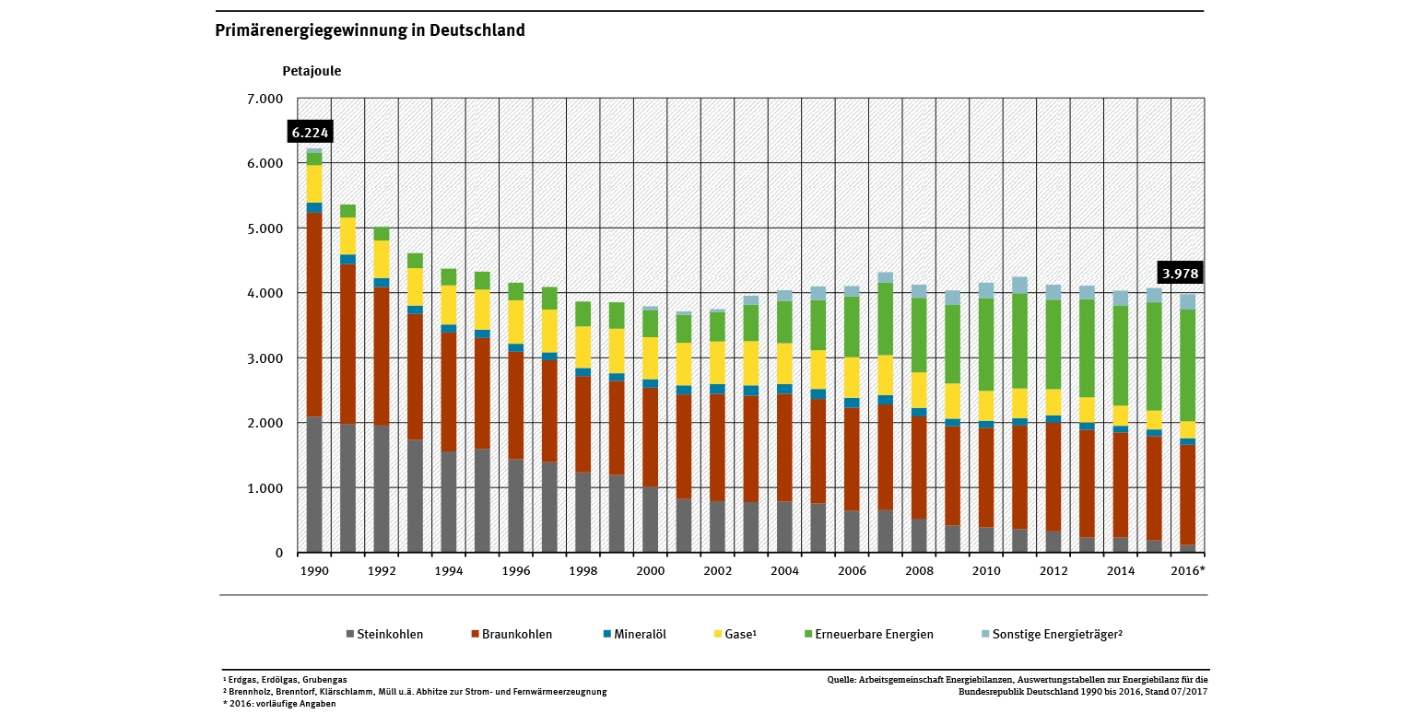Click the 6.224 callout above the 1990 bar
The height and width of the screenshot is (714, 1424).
click(310, 133)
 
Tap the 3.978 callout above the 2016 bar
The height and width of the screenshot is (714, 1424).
click(1182, 274)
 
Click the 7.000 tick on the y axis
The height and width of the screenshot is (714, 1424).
click(265, 99)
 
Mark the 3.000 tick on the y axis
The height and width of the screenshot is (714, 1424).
click(265, 358)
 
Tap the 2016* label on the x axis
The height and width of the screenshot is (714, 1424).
click(1188, 571)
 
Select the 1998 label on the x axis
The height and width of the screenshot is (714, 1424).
click(583, 571)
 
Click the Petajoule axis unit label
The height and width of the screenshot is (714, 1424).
click(312, 70)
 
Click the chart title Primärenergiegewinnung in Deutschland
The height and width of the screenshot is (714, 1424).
click(370, 30)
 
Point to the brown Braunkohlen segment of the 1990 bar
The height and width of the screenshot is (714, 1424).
click(314, 313)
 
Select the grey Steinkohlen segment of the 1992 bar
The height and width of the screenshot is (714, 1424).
click(382, 488)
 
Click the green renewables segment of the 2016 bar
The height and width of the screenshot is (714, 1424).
click(1187, 365)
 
